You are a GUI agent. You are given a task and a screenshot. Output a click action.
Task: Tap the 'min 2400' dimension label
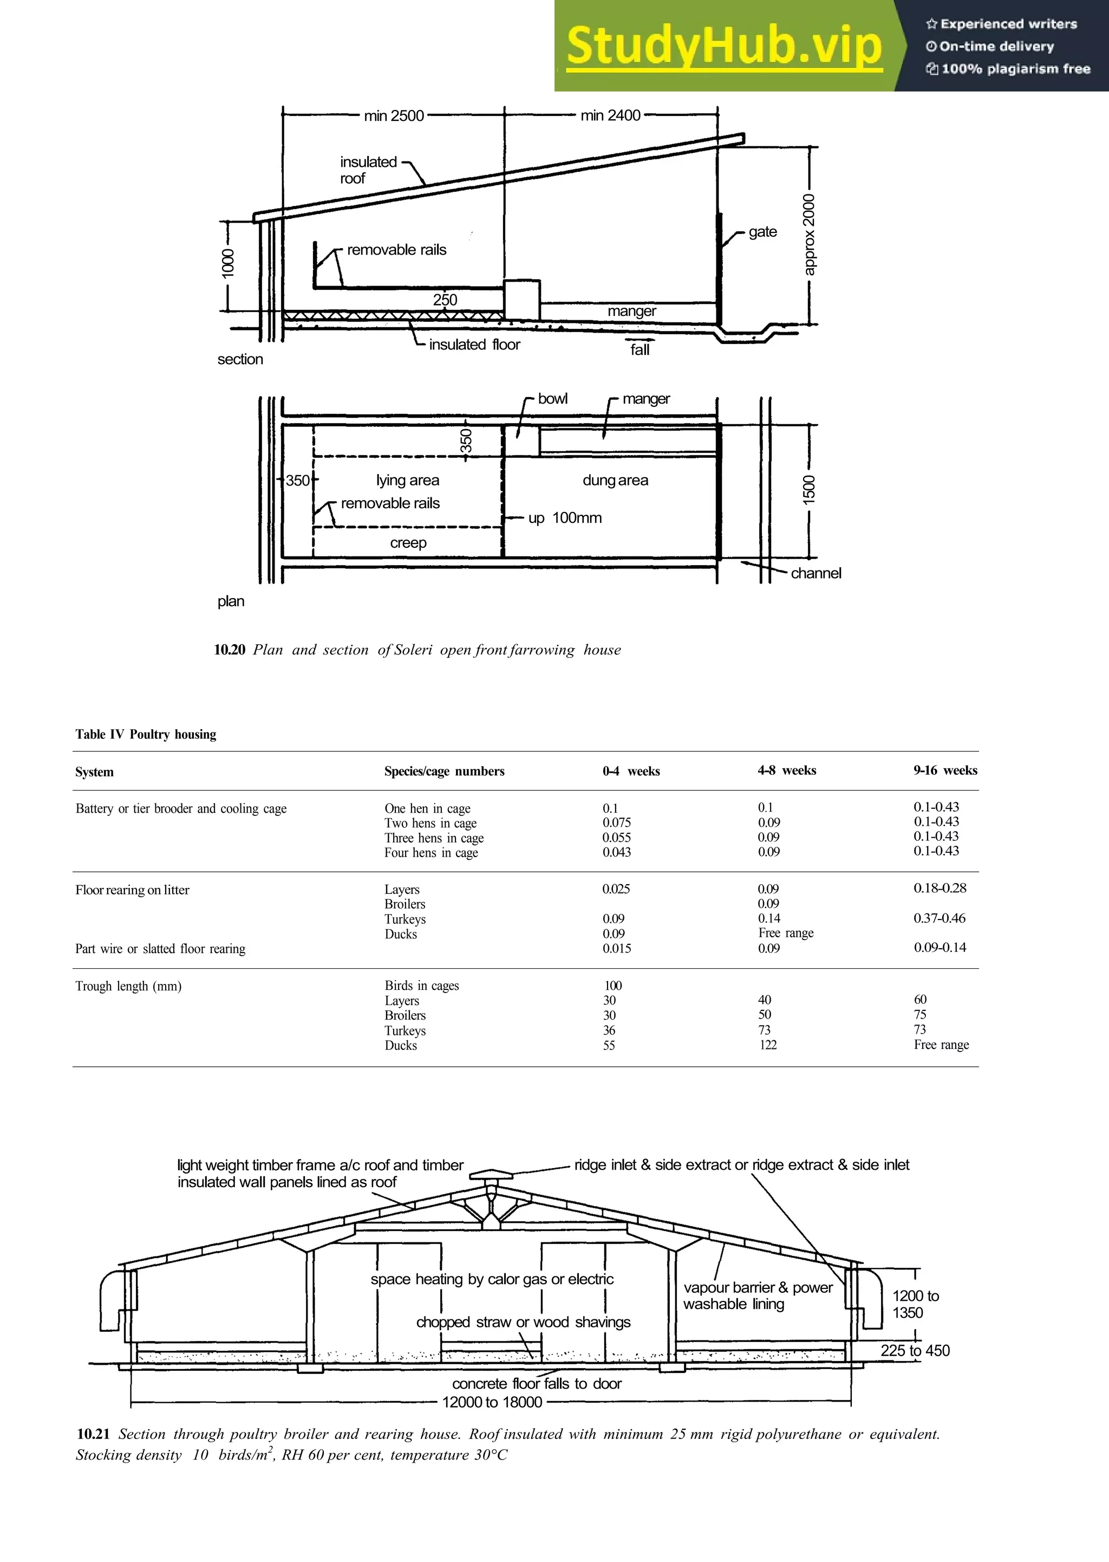610,115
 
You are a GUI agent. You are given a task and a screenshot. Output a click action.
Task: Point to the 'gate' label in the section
762,232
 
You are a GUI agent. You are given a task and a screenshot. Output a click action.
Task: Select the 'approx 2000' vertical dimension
809,235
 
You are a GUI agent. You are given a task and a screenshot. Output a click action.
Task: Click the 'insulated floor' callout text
474,345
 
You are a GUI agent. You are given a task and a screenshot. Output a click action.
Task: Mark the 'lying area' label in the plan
407,481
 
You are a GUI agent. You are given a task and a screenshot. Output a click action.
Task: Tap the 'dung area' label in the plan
615,481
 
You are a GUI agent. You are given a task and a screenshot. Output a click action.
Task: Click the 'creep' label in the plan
408,542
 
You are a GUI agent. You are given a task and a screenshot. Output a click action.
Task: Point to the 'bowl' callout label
552,398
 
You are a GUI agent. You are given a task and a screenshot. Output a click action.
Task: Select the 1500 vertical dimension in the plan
809,489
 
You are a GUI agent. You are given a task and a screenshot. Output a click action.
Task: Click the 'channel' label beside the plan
816,573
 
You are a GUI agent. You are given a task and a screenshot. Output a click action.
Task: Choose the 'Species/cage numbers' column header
444,771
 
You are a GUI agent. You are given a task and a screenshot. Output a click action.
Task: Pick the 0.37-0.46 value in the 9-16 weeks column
939,918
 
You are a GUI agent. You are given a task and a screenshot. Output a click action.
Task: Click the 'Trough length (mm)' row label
128,986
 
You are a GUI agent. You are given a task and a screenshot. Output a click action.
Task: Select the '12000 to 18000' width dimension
492,1402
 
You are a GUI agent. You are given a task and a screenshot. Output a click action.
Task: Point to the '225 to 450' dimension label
915,1350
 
